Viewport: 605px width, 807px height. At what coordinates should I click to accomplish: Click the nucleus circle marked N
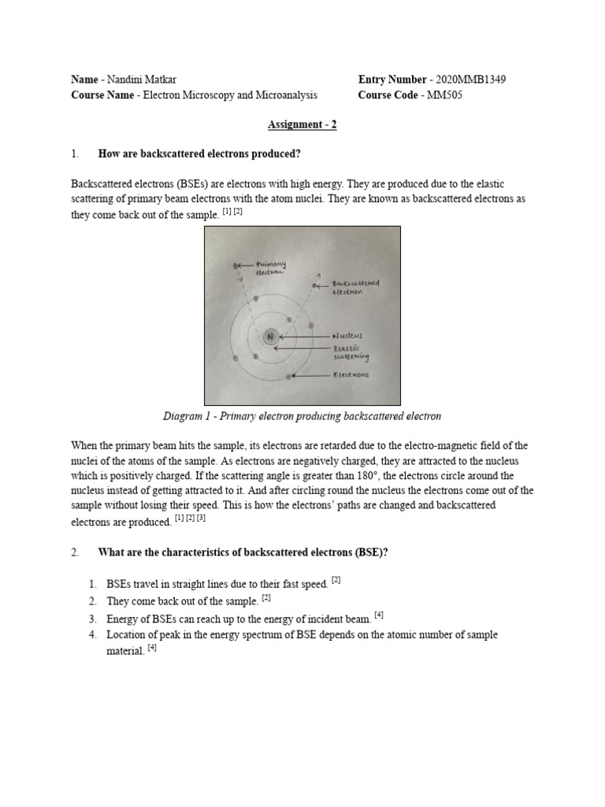click(270, 336)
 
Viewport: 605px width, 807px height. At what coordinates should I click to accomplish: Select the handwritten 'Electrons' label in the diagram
click(351, 375)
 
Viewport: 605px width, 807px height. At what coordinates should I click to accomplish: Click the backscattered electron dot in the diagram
click(315, 285)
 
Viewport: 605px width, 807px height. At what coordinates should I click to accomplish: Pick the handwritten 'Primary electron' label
click(270, 268)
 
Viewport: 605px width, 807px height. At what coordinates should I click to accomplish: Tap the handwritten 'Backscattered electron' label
click(356, 286)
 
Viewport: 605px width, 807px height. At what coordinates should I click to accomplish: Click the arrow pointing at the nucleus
click(303, 337)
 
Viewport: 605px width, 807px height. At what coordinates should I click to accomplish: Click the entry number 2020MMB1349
click(471, 80)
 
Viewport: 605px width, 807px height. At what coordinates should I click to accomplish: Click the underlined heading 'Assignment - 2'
click(302, 125)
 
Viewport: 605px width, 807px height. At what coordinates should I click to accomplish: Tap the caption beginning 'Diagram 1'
click(302, 416)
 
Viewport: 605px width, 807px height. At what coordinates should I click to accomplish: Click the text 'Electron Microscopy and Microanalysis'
click(228, 95)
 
